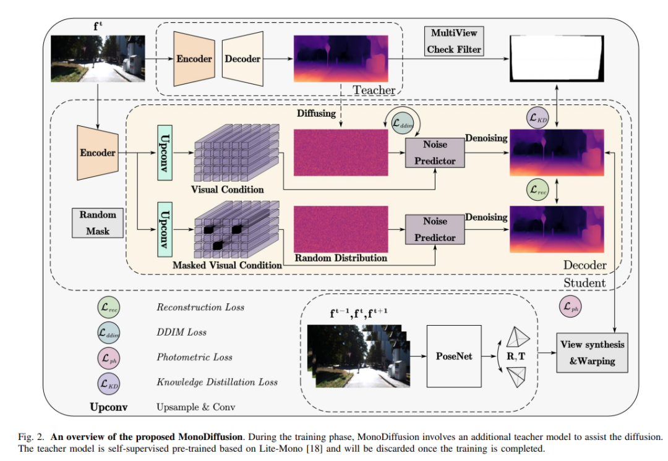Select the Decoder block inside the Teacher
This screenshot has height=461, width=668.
(x=242, y=59)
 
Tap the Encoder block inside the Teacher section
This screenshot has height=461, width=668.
(x=194, y=59)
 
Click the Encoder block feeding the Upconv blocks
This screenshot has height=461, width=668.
(x=98, y=152)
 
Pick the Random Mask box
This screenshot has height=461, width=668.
(x=98, y=222)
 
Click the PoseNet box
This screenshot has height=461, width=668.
(x=453, y=357)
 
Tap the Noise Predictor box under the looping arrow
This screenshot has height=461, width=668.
(x=435, y=153)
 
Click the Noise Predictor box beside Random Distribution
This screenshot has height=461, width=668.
(x=435, y=229)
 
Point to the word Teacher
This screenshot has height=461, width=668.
(x=374, y=90)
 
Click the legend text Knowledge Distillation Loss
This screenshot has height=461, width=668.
(x=216, y=383)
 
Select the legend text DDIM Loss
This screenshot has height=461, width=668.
(x=181, y=332)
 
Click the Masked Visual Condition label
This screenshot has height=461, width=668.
(x=227, y=264)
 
